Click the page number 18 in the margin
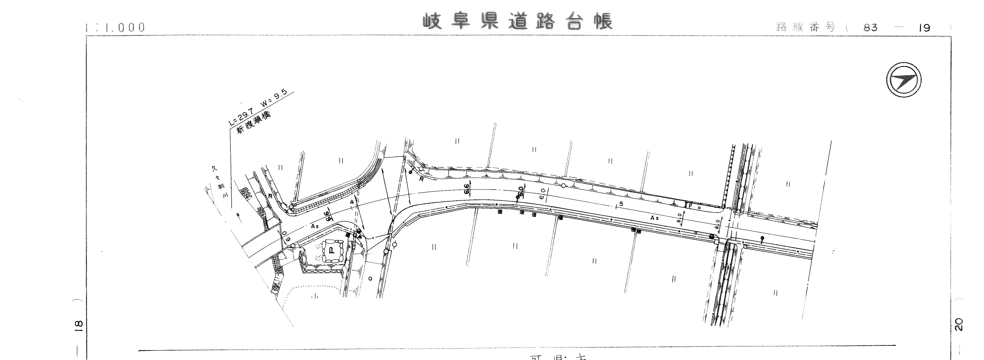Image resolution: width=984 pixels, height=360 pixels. pyautogui.click(x=78, y=325)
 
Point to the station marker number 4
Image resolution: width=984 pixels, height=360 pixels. pyautogui.click(x=352, y=201)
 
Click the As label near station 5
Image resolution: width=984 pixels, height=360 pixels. pyautogui.click(x=655, y=218)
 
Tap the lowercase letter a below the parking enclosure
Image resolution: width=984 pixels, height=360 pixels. pyautogui.click(x=370, y=279)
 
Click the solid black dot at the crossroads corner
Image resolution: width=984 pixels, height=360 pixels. pyautogui.click(x=711, y=237)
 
